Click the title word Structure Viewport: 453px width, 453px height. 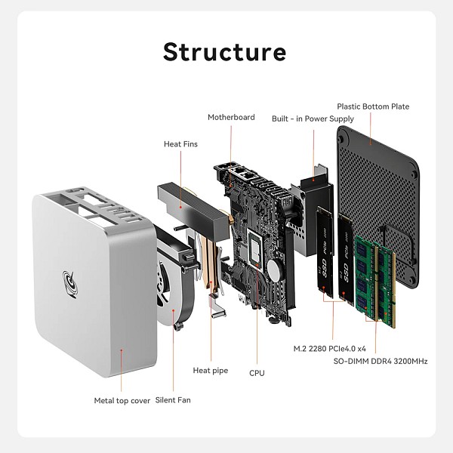(x=225, y=52)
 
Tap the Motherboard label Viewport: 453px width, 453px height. (x=231, y=117)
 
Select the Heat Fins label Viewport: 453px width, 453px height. (x=180, y=143)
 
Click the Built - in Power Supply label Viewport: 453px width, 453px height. (x=313, y=119)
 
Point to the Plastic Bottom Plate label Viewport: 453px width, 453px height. (x=373, y=106)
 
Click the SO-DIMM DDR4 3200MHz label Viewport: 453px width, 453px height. (x=381, y=361)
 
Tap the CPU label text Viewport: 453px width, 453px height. (x=257, y=373)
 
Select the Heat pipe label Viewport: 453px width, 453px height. (x=210, y=370)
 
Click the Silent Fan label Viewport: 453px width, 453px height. (x=173, y=400)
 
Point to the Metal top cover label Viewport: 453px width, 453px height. (x=122, y=400)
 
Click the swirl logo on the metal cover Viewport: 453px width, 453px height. (x=70, y=284)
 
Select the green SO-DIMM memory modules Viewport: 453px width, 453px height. (x=375, y=279)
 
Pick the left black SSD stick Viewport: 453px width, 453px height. (x=325, y=253)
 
